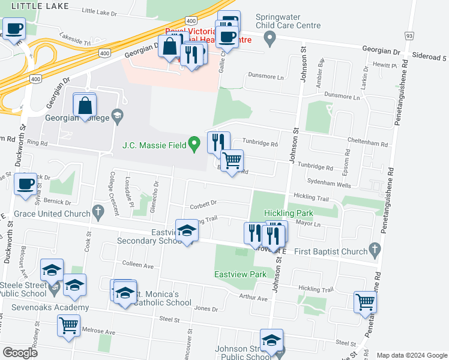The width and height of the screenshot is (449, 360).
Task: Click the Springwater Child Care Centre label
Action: (x=288, y=22)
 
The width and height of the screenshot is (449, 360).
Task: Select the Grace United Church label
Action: (x=51, y=213)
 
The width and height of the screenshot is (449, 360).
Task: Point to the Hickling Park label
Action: (x=288, y=213)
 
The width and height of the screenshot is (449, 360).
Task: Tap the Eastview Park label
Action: (x=241, y=274)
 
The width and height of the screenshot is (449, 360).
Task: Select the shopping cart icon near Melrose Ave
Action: (x=68, y=326)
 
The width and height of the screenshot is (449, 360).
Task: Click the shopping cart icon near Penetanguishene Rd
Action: (x=364, y=301)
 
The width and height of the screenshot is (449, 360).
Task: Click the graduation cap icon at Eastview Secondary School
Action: (x=187, y=231)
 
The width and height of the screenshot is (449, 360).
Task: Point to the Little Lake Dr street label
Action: (x=100, y=11)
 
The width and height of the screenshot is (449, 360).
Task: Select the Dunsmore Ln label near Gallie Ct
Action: (x=266, y=77)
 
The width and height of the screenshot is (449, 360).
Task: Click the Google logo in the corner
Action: (x=20, y=353)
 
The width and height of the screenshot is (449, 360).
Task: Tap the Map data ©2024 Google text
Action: (x=411, y=355)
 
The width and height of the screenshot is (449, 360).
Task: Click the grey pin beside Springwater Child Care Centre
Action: (x=270, y=40)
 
